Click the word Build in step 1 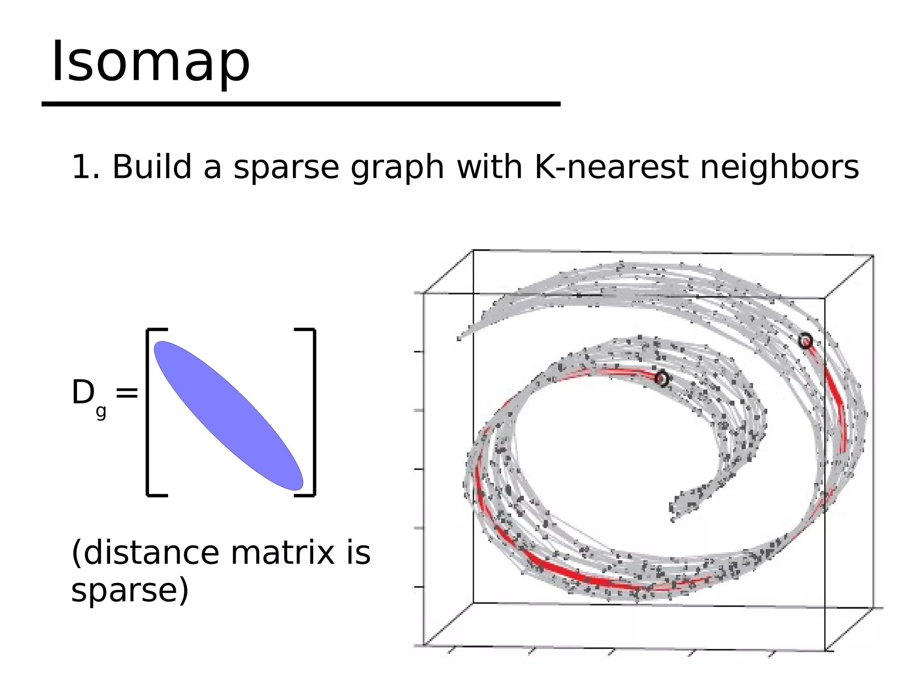click(152, 167)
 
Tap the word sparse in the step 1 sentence click(286, 168)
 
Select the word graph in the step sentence click(397, 169)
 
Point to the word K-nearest click(611, 167)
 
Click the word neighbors click(779, 168)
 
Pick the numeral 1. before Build click(85, 167)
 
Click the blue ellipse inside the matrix click(229, 415)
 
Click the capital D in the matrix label click(83, 393)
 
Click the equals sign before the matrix click(127, 393)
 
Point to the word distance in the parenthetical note click(151, 553)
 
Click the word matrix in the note click(282, 553)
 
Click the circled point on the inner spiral click(662, 379)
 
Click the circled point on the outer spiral click(805, 341)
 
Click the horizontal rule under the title click(301, 104)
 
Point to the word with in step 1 click(489, 167)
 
